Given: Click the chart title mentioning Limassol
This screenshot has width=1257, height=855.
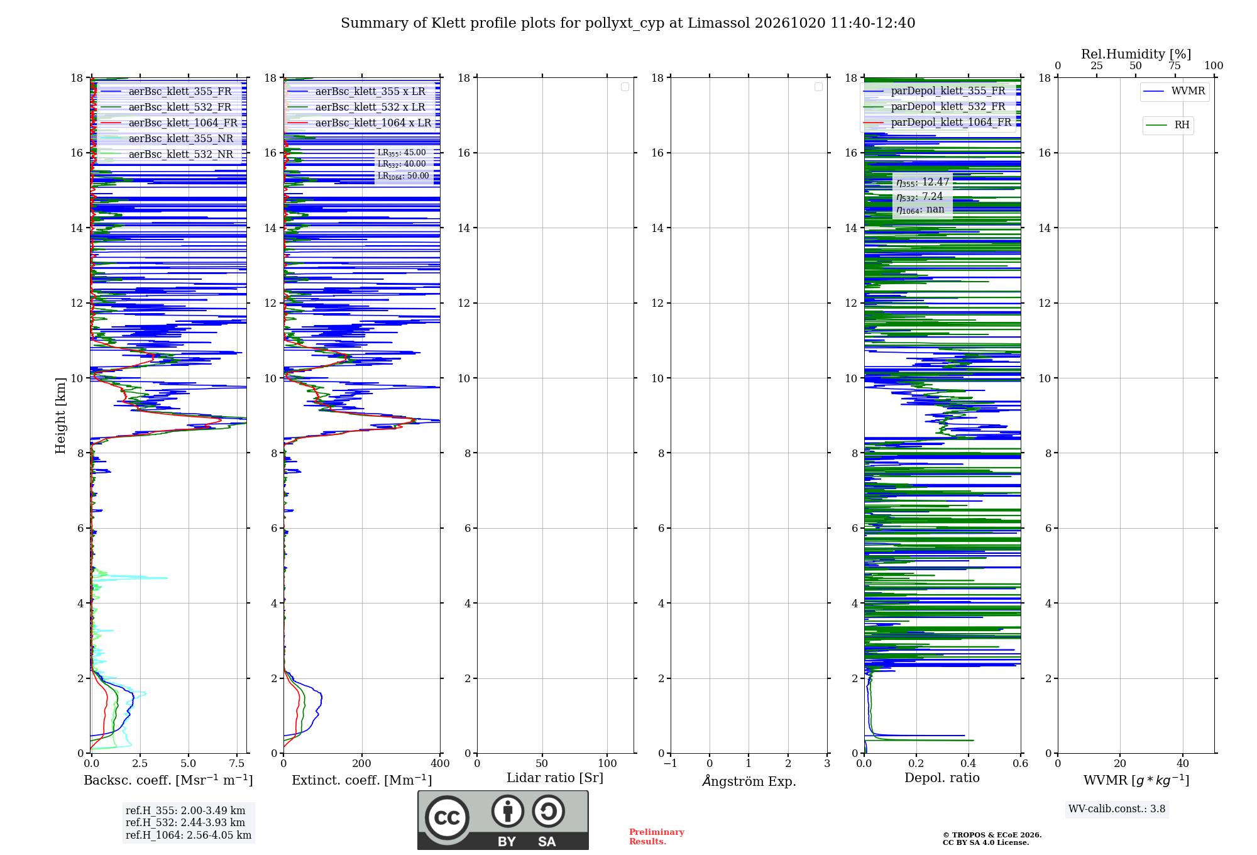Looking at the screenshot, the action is (628, 23).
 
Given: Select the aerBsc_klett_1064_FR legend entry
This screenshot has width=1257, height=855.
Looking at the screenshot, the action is (169, 123).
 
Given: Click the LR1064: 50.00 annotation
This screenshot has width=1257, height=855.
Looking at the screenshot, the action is (403, 176).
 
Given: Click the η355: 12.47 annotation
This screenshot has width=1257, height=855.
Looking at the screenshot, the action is (923, 182).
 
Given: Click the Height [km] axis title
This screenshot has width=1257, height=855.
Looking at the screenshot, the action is (60, 416).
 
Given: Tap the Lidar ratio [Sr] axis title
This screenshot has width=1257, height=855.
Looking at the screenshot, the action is (555, 778).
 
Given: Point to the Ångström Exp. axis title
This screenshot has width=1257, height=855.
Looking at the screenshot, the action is (749, 781).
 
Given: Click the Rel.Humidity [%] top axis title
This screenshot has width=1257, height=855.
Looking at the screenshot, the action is (1136, 54).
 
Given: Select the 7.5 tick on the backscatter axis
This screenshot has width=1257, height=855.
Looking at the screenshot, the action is (237, 763).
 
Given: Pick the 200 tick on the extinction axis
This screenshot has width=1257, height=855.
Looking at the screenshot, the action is (362, 763).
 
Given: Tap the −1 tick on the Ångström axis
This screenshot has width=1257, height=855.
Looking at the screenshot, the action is (670, 763).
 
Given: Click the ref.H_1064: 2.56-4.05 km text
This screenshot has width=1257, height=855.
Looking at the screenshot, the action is (189, 835).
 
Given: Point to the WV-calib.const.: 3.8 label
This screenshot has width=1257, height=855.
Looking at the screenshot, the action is (1117, 809).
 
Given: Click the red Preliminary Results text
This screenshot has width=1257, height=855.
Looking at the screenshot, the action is (657, 837).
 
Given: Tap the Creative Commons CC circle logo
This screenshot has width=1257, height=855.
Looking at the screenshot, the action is (447, 818).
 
